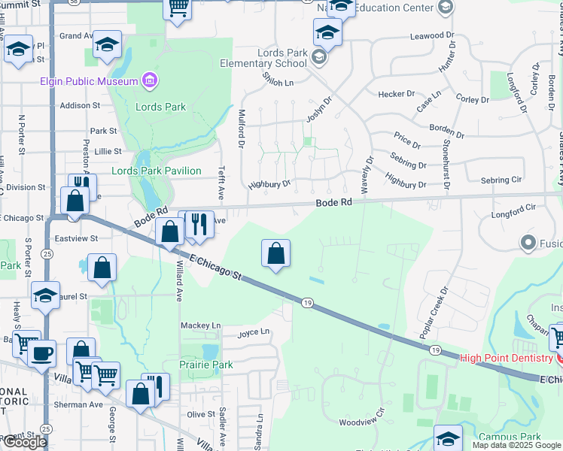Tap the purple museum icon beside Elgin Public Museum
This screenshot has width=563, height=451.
[149, 80]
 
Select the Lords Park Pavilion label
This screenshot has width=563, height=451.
[156, 171]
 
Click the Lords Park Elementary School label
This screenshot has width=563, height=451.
[263, 58]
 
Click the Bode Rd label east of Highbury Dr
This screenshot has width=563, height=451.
[333, 203]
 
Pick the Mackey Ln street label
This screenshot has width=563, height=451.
[200, 325]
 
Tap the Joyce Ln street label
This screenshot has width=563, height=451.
[254, 331]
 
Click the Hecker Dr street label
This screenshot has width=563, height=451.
[397, 94]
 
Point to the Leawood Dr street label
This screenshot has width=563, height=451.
[434, 35]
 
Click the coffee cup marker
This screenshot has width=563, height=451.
[42, 354]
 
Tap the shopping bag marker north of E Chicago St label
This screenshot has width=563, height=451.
[276, 254]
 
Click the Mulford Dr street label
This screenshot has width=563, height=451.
[242, 128]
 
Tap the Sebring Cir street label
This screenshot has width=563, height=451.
[501, 180]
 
